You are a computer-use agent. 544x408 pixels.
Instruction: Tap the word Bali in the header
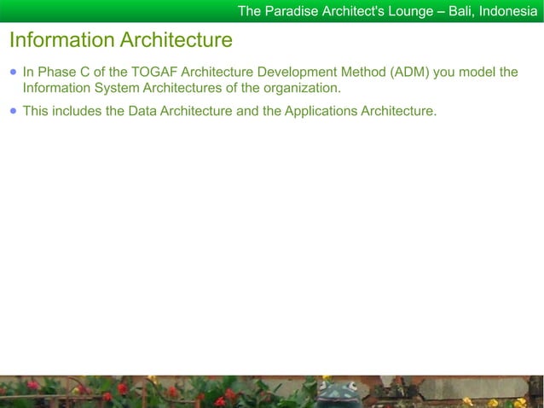[461, 11]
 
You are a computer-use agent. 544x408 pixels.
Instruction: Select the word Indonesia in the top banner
[508, 11]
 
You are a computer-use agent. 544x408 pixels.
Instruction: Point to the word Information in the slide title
[61, 40]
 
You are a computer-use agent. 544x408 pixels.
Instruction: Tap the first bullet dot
[13, 73]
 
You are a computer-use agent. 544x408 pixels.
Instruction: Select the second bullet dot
[13, 111]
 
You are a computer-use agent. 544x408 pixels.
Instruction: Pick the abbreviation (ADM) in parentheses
[411, 73]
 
